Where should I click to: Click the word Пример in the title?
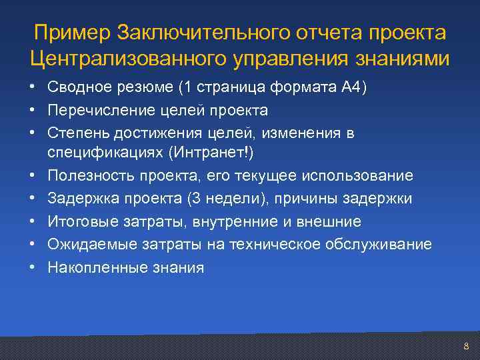tap(73, 33)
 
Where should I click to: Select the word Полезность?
tap(87, 175)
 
